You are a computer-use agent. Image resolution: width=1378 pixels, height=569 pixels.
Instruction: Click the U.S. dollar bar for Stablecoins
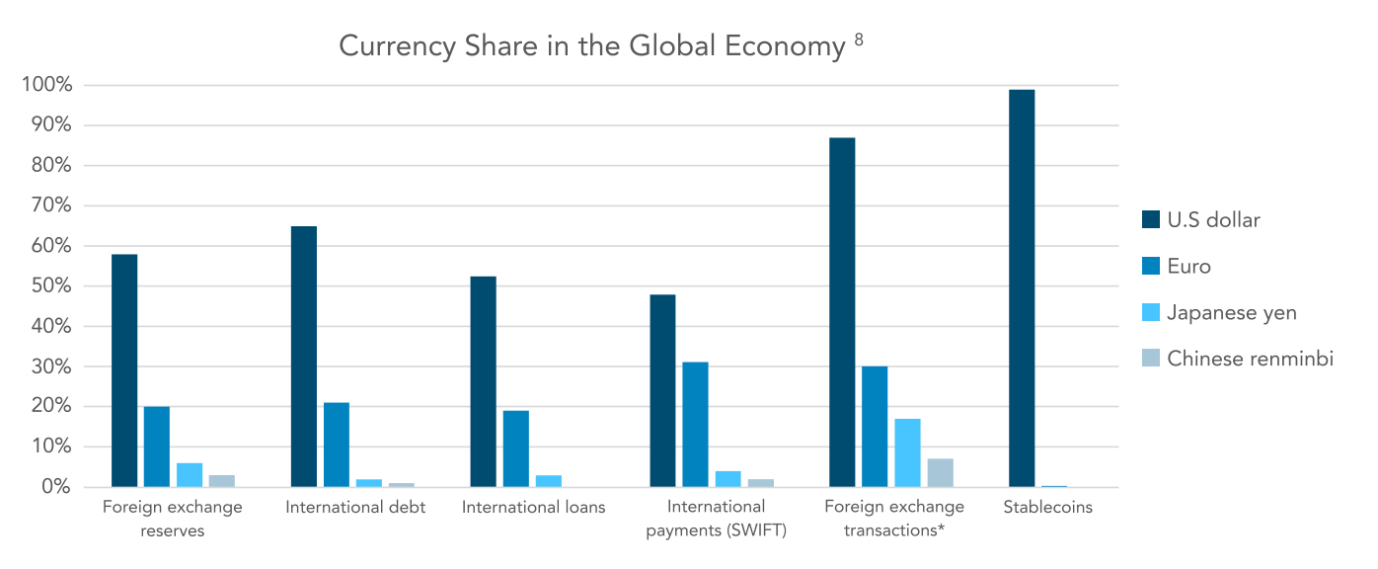(x=1022, y=288)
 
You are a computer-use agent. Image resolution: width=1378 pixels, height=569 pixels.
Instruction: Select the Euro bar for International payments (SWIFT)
(x=695, y=425)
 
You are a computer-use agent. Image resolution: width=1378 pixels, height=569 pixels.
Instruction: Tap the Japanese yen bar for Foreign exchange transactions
(x=907, y=452)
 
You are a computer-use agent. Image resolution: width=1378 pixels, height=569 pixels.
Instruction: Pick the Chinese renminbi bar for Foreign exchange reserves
(x=221, y=481)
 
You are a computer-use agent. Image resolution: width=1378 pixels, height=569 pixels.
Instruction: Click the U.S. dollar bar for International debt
(x=304, y=357)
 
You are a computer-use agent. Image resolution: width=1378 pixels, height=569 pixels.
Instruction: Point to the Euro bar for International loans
(x=515, y=448)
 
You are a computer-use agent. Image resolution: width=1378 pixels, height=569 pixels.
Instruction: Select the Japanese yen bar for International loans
(x=548, y=481)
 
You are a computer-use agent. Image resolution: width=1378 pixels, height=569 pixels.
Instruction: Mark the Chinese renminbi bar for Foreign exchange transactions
(x=940, y=473)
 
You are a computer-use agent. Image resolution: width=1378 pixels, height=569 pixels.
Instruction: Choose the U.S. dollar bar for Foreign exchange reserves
(x=124, y=370)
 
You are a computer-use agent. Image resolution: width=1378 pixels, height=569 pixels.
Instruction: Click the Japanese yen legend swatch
(x=1150, y=312)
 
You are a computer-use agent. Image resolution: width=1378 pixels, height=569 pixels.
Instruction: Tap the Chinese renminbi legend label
(x=1250, y=359)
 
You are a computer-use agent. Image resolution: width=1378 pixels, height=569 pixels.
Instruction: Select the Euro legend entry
(x=1177, y=266)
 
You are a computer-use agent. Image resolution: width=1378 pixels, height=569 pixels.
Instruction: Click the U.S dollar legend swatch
(x=1150, y=220)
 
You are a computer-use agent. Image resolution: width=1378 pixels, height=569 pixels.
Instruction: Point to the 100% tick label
(x=47, y=84)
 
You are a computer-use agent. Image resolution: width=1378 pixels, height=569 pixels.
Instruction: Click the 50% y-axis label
(x=51, y=285)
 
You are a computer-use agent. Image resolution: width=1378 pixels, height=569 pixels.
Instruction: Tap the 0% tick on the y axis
(x=56, y=486)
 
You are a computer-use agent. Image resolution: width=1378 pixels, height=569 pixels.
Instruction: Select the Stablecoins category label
(x=1047, y=507)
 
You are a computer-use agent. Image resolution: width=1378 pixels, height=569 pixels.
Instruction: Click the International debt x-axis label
(x=355, y=507)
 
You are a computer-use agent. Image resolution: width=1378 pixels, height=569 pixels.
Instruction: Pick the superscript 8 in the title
(x=859, y=41)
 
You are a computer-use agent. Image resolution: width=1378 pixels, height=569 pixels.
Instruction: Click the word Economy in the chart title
(x=785, y=46)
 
